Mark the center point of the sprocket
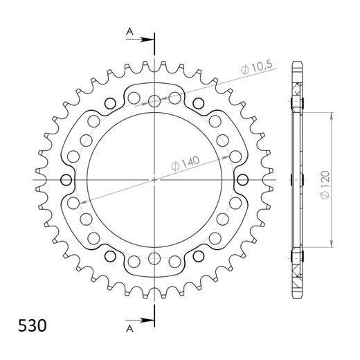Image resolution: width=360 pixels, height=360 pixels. pos(154,180)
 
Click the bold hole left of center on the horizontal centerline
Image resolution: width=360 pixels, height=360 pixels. pos(66,180)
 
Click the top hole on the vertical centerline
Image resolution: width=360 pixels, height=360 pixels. pos(154,100)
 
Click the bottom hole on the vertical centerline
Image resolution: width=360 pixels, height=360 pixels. pos(154,260)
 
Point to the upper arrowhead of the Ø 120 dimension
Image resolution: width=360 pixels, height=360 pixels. pos(330,114)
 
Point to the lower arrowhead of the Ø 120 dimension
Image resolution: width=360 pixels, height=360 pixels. pos(330,246)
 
